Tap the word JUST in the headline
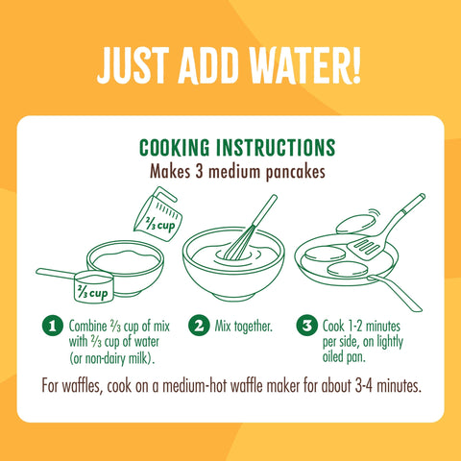[133, 65]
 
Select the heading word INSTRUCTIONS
[276, 148]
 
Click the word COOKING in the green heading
[175, 148]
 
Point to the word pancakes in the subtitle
[296, 173]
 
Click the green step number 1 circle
[53, 326]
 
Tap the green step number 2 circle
[199, 326]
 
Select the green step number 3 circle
[306, 326]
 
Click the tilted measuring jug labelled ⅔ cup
[158, 215]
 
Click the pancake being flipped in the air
[355, 224]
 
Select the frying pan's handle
[396, 293]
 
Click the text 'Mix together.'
[244, 327]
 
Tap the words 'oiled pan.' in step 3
[344, 357]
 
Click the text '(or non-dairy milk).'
[112, 358]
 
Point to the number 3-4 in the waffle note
[364, 386]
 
